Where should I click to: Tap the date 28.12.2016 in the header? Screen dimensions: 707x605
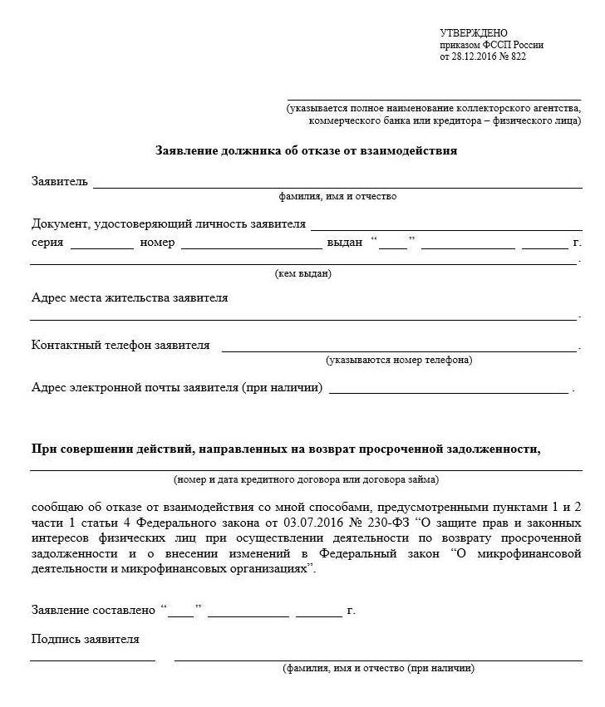click(x=474, y=56)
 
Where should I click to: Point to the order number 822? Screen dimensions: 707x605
click(x=519, y=56)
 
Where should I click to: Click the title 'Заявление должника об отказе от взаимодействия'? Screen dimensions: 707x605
click(x=306, y=151)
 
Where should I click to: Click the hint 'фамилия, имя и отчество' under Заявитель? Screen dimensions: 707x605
click(x=337, y=197)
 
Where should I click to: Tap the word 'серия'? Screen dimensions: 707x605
click(x=47, y=243)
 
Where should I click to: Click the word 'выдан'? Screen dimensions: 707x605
click(x=345, y=243)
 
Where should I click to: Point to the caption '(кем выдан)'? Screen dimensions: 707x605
click(x=303, y=273)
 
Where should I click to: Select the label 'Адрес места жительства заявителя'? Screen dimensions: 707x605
click(x=130, y=297)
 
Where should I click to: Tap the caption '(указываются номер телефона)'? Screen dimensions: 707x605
click(x=399, y=361)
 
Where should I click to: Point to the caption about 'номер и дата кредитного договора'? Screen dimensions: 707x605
click(x=306, y=480)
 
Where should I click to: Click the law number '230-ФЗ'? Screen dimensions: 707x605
click(x=385, y=522)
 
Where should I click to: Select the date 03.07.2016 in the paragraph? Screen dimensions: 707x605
click(x=316, y=522)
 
